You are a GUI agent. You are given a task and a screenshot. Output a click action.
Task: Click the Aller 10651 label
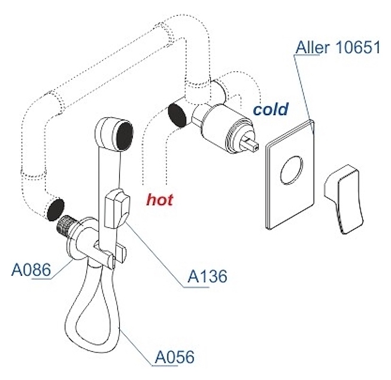pyautogui.click(x=338, y=47)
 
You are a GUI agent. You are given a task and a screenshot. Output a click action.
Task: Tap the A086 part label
pyautogui.click(x=31, y=270)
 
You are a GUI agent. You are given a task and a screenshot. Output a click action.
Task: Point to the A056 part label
pyautogui.click(x=174, y=357)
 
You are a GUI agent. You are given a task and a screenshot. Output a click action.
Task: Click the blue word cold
pyautogui.click(x=270, y=110)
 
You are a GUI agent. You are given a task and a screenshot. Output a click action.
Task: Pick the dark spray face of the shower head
pyautogui.click(x=123, y=136)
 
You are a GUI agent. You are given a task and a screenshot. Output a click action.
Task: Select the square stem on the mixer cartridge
pyautogui.click(x=251, y=144)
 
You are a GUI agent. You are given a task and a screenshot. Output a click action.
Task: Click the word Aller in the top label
pyautogui.click(x=312, y=47)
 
